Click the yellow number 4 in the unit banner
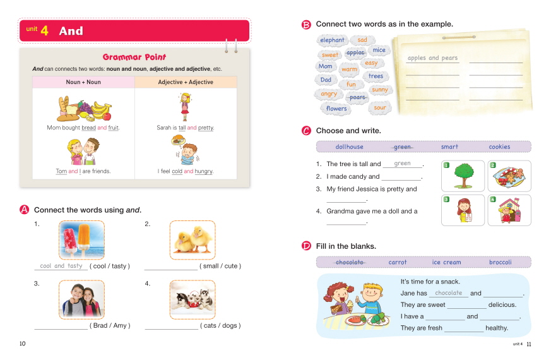[44, 30]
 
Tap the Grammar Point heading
[134, 57]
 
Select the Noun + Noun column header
[83, 82]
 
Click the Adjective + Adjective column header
[186, 82]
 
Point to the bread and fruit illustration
[85, 109]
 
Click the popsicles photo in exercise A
[81, 240]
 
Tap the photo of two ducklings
[193, 240]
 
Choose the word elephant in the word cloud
[332, 40]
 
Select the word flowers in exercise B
[336, 108]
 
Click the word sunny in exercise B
[380, 90]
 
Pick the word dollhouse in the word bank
[349, 147]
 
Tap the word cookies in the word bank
[499, 147]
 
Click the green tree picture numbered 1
[463, 176]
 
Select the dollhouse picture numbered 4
[509, 210]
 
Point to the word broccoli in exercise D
[501, 262]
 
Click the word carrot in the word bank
[398, 262]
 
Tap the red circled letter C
[306, 131]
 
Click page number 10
[23, 344]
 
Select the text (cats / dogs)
[220, 325]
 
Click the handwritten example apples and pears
[432, 58]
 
